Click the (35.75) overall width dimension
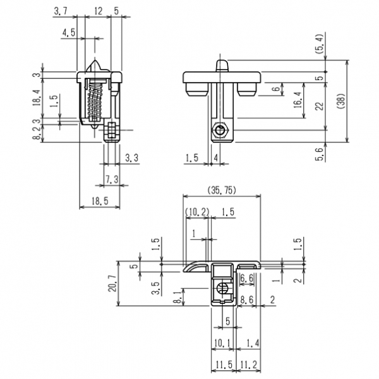pos(222,190)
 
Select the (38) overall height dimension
pos(341,101)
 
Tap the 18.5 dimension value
pos(100,201)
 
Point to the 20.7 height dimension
pos(112,283)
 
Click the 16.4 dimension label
pos(298,100)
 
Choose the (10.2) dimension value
pos(197,212)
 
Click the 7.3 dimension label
pos(112,179)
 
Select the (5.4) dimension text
pos(319,44)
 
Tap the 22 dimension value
pos(320,106)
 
